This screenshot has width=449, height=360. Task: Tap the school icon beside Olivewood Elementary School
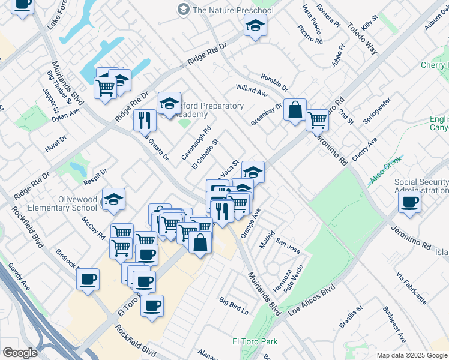(x=113, y=200)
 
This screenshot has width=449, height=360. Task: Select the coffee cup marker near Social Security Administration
(x=409, y=203)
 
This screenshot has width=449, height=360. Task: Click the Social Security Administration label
(x=421, y=186)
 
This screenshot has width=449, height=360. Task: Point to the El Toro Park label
(x=255, y=341)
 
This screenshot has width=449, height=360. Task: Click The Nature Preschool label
(x=232, y=10)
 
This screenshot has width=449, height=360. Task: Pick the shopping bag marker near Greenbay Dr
(x=295, y=110)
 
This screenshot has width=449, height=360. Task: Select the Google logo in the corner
(x=20, y=353)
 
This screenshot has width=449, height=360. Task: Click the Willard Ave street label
(x=252, y=91)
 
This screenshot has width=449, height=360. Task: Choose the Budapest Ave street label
(x=394, y=325)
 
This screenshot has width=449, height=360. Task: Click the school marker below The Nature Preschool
(x=255, y=27)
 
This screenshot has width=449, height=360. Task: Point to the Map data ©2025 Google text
(x=411, y=355)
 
